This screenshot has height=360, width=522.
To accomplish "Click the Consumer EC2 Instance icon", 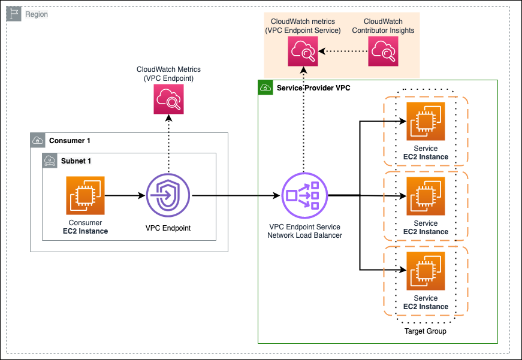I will [85, 195].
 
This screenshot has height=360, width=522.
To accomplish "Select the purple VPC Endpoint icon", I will [168, 195].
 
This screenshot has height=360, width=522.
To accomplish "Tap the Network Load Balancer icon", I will [303, 195].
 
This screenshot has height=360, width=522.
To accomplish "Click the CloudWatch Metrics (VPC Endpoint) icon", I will [168, 99].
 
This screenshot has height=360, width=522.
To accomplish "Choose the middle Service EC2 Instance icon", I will [426, 196].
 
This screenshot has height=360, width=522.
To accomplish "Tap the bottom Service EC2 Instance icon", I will [426, 271].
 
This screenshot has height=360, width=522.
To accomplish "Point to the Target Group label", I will [426, 331].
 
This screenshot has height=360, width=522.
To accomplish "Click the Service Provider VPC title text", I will [313, 88].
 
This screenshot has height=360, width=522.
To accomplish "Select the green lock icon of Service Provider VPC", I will [265, 88].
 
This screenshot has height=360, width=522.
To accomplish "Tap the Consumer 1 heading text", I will [70, 141].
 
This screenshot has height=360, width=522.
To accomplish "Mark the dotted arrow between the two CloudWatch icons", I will [342, 52].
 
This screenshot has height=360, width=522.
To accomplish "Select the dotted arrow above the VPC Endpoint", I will [168, 143].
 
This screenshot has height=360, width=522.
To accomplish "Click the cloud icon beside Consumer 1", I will [38, 141].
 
